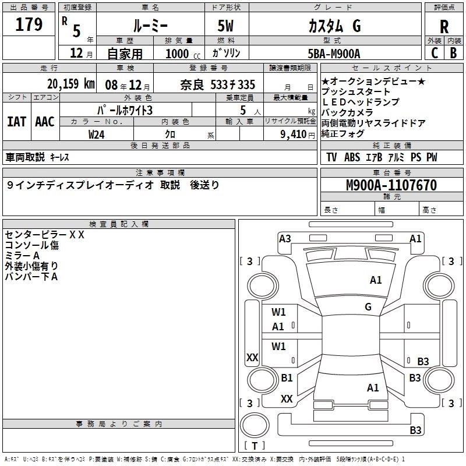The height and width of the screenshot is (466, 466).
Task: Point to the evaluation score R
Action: coord(444,27)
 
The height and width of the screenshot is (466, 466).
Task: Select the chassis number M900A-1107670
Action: coord(391,185)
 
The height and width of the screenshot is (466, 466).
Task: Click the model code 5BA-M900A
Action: coord(334,54)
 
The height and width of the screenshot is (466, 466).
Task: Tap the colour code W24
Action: coord(97,134)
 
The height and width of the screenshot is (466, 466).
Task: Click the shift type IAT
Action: coord(16,121)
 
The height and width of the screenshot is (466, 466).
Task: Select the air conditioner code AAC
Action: coord(45,121)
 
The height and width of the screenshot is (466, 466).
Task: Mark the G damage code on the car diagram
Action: coord(368,307)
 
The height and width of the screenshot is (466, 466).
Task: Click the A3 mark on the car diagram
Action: coord(285,238)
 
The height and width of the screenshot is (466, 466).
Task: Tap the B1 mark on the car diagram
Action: coord(287,378)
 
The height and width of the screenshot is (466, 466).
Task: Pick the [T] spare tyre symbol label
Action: coord(257,446)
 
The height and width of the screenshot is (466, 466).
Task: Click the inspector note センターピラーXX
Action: coord(45,235)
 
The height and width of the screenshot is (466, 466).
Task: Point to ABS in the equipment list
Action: coord(352,157)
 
